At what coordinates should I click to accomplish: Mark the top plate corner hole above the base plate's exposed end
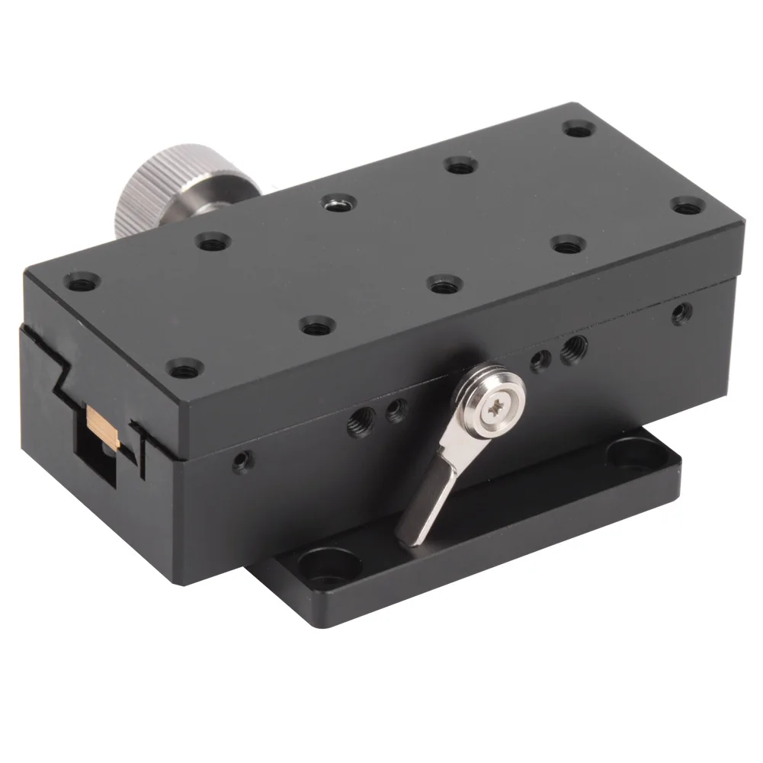point(688,205)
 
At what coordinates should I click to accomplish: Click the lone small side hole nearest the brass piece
point(242,460)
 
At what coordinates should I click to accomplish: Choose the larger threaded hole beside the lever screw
point(572,350)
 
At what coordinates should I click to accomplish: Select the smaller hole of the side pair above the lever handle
point(394,412)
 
